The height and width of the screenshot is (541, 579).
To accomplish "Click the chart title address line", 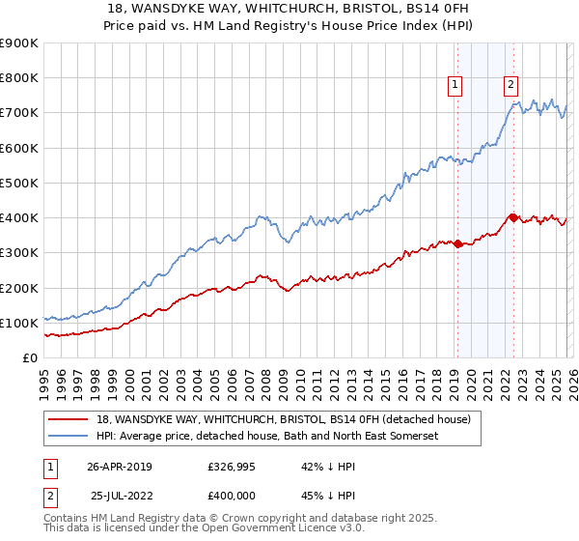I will pos(289,9).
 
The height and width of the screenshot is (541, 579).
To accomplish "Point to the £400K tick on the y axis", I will pos(19,217).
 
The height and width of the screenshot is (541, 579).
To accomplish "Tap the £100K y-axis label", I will pos(19,323).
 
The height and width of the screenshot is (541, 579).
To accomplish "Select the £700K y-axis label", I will pos(19,113).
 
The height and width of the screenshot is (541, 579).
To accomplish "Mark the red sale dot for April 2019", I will pos(457,243).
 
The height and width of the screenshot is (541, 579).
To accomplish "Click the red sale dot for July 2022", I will pos(512,217).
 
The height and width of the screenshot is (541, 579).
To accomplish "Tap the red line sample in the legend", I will pos(68,419).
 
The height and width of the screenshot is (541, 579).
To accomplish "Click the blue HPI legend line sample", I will pos(68,437).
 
